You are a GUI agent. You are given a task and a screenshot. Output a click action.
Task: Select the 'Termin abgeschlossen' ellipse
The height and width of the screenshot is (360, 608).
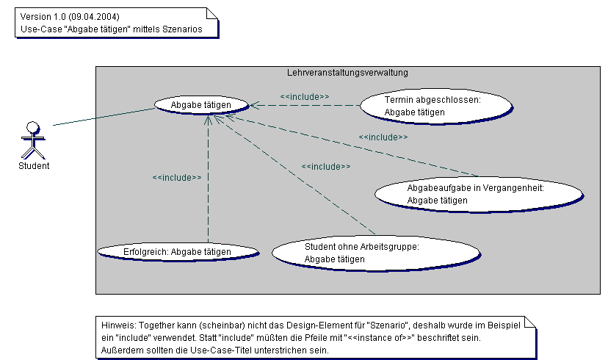[433, 106]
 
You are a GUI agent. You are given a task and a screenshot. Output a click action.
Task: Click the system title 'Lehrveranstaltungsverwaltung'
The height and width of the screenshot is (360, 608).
[347, 73]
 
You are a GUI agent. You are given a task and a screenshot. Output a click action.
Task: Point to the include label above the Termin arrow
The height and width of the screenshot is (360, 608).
[304, 96]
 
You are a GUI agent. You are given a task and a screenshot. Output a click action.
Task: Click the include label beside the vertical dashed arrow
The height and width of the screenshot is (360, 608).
[176, 177]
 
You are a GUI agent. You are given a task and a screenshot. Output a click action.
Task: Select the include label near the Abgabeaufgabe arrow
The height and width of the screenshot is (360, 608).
[383, 137]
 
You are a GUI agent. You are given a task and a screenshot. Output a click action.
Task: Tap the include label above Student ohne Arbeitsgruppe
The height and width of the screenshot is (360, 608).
[325, 167]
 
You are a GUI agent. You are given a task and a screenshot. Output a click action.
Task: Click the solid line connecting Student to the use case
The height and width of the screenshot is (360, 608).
[103, 117]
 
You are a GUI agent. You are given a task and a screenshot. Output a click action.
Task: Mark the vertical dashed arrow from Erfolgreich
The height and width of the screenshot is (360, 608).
[209, 184]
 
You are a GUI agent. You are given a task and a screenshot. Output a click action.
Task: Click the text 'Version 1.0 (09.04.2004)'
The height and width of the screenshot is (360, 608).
[70, 16]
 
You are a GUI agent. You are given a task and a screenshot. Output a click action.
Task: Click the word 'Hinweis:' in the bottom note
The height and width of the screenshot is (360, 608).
[117, 324]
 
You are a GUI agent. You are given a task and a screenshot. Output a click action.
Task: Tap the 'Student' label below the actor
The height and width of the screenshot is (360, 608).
[34, 165]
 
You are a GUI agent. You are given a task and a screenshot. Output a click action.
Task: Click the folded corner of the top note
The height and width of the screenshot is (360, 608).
[213, 13]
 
